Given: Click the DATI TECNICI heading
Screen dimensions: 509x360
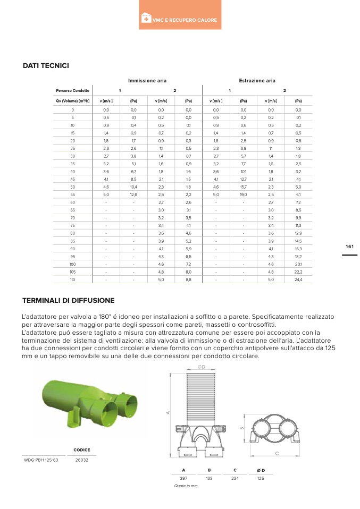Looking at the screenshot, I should [46, 66].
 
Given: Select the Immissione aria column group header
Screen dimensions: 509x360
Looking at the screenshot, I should [147, 81].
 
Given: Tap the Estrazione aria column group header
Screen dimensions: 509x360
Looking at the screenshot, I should [257, 81].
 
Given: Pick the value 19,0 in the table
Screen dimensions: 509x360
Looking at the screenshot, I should [243, 196].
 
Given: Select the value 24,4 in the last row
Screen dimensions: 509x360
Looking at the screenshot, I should [298, 279].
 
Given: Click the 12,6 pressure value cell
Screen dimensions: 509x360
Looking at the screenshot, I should [133, 196].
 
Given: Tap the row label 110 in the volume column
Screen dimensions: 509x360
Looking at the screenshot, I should [72, 279].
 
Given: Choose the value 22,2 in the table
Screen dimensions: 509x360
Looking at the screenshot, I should [298, 272].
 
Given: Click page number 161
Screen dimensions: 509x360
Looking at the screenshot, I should [349, 247].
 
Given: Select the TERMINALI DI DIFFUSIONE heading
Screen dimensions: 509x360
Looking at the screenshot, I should [68, 301].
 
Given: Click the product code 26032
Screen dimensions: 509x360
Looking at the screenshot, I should [82, 460].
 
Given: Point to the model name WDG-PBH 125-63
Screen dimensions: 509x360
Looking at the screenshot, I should [41, 460].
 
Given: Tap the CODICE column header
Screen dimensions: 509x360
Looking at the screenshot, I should [81, 450].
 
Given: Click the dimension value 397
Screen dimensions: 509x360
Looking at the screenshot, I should [183, 479].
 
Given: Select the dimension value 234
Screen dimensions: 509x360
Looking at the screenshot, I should [235, 479].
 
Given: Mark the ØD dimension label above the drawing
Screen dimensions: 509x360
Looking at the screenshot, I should [202, 367].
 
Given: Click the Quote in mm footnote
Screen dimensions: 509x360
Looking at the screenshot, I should [186, 486].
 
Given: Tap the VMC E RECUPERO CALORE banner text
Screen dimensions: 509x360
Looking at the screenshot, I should [184, 20].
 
